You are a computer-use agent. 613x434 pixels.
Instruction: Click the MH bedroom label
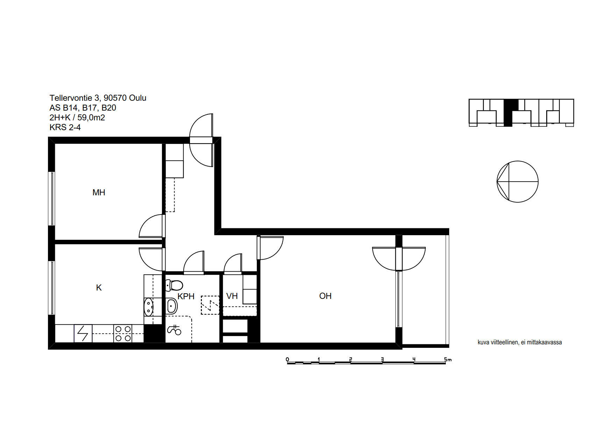point(99,192)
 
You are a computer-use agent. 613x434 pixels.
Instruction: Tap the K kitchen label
point(99,288)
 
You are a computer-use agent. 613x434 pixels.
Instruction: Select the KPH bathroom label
point(186,296)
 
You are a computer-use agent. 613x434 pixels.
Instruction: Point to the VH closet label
point(232,296)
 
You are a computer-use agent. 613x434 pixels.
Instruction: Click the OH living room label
point(325,296)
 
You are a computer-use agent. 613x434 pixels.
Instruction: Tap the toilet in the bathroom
point(174,285)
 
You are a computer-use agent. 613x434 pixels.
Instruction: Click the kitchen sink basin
point(149,307)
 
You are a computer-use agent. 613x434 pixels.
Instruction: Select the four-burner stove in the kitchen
point(123,334)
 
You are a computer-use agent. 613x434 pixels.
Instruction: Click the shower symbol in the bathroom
point(174,329)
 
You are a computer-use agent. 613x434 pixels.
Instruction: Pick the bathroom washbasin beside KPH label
point(171,306)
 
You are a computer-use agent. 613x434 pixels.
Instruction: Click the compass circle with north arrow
point(517,182)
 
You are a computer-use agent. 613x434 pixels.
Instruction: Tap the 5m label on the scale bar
point(448,359)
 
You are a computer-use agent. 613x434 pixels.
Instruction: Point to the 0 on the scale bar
point(288,359)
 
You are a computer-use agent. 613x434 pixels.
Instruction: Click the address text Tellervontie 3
point(75,98)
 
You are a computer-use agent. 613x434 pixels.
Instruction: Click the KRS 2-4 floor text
point(65,127)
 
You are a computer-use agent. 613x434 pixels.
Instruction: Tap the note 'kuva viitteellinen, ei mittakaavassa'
point(520,342)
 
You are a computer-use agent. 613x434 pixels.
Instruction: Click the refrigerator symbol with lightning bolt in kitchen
point(83,334)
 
